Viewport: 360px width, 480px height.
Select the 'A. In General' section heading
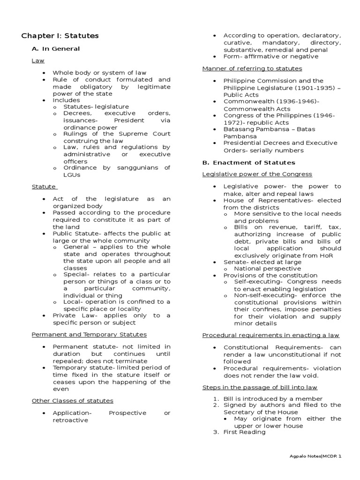pyautogui.click(x=55, y=49)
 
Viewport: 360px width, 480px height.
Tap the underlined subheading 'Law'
pyautogui.click(x=37, y=61)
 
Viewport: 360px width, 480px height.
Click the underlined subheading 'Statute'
pyautogui.click(x=44, y=187)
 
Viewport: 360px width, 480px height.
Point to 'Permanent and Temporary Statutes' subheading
pyautogui.click(x=89, y=334)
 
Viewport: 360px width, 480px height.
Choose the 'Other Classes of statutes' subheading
pyautogui.click(x=72, y=401)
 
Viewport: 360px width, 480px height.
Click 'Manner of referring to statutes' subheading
pyautogui.click(x=252, y=68)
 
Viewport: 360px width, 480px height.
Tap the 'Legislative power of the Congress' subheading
pyautogui.click(x=257, y=174)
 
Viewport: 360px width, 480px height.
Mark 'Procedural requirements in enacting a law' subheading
pyautogui.click(x=271, y=335)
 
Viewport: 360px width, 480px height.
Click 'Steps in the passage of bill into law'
pyautogui.click(x=260, y=387)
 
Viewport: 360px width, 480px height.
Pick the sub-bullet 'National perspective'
pyautogui.click(x=268, y=269)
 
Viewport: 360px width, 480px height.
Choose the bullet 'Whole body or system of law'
pyautogui.click(x=99, y=73)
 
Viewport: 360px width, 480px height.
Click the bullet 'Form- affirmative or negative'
pyautogui.click(x=270, y=56)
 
